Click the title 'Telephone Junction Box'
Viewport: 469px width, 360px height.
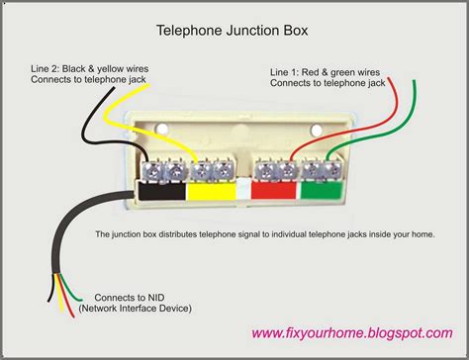pos(234,31)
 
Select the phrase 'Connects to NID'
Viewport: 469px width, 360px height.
pos(129,296)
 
